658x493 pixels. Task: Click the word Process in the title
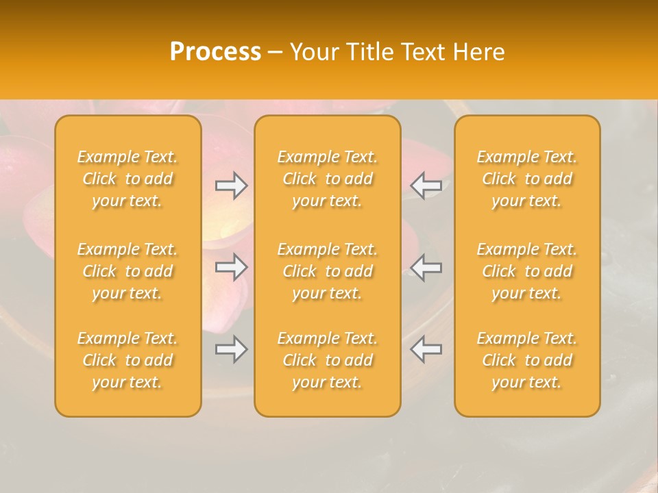215,52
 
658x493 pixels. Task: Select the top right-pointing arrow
232,186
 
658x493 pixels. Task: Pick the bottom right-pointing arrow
232,349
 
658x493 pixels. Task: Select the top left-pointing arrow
426,186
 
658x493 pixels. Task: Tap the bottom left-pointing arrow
426,349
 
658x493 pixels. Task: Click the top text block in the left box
127,179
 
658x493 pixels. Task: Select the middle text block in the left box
127,271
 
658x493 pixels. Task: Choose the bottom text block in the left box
127,360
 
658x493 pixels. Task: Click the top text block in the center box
328,179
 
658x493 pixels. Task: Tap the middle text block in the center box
328,271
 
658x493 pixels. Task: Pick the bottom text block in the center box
328,360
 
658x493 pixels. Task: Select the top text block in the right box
527,179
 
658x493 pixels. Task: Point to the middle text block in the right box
527,271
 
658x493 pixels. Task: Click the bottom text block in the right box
527,360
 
